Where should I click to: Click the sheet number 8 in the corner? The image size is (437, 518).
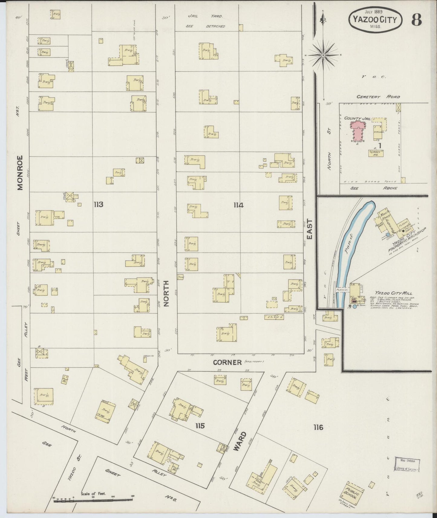coord(416,20)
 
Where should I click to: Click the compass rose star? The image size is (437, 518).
coord(323,55)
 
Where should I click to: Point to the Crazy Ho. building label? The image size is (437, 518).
coord(376,153)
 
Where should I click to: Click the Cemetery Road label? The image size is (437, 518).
coord(378,97)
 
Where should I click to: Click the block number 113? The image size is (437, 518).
coord(98,205)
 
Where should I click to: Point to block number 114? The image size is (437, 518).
coord(238,205)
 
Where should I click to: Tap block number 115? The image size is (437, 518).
coord(200,426)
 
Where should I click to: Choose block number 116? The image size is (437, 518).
coord(318,427)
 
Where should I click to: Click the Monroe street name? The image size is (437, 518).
coord(20,173)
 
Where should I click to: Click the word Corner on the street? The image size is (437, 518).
coord(227,362)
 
